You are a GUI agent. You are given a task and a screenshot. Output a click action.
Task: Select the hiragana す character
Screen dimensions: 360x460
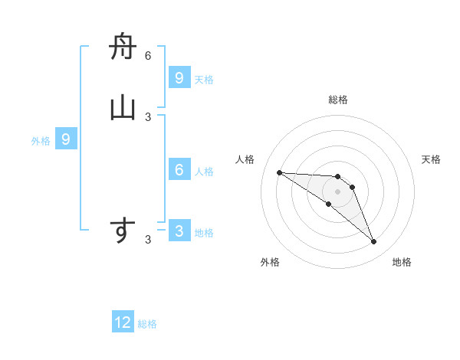(x=123, y=231)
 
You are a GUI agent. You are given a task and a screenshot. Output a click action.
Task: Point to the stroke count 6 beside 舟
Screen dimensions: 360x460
(x=148, y=56)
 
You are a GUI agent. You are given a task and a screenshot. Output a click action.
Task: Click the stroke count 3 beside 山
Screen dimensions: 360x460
(x=148, y=116)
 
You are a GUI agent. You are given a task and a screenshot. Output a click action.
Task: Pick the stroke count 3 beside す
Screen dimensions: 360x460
(x=148, y=240)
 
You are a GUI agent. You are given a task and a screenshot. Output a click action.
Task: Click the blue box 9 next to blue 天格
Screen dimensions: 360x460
(x=179, y=78)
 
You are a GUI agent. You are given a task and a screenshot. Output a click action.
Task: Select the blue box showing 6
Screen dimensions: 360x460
(x=179, y=170)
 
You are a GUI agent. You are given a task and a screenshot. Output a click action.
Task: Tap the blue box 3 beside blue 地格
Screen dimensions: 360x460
(x=179, y=231)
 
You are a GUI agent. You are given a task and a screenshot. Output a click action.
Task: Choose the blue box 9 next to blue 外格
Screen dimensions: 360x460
(x=66, y=139)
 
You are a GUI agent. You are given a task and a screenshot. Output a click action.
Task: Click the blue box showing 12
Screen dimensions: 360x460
(x=123, y=322)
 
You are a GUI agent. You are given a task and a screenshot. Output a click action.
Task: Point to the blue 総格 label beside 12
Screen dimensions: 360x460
(x=147, y=324)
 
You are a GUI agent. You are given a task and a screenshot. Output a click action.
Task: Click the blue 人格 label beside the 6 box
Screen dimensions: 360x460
(x=204, y=171)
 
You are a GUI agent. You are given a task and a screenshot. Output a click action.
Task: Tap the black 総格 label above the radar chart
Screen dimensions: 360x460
(x=337, y=100)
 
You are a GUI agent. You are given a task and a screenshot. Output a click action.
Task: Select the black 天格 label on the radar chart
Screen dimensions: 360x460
(x=431, y=159)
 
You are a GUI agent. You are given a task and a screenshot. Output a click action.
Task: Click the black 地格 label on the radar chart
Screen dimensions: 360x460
(x=402, y=262)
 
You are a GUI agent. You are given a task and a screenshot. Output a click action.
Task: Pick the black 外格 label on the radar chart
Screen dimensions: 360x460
(x=270, y=262)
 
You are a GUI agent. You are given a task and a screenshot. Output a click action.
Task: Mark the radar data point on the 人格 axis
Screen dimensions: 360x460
(x=279, y=172)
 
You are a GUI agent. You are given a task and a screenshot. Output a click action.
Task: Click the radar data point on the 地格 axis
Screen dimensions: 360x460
(x=373, y=242)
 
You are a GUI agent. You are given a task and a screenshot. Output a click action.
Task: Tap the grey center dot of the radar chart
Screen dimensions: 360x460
(x=337, y=191)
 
